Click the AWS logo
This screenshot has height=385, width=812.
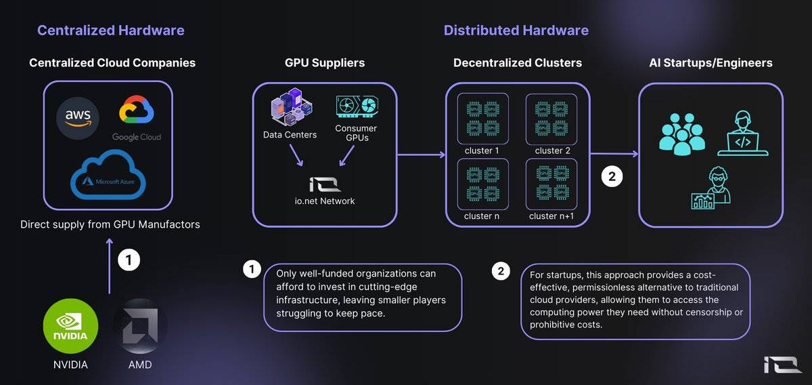[x=78, y=118]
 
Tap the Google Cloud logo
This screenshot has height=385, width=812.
[x=137, y=118]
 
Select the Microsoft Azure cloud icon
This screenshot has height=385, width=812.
[x=108, y=175]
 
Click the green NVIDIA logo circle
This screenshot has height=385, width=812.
[x=70, y=326]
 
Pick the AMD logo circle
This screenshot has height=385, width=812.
[x=140, y=326]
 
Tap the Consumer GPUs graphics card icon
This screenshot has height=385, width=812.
[x=357, y=106]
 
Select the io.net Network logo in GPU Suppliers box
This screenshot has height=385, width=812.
[x=325, y=184]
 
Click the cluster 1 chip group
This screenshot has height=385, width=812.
[x=483, y=119]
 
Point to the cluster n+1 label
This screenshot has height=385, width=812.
[x=551, y=216]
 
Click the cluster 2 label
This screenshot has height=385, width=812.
[x=552, y=150]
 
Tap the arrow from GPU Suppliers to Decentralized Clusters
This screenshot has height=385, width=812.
[x=422, y=155]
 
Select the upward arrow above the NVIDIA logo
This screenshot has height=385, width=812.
[x=110, y=266]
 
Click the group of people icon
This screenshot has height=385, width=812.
[x=682, y=134]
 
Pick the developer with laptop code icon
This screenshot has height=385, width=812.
[x=743, y=134]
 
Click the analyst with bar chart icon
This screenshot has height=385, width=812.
[x=711, y=188]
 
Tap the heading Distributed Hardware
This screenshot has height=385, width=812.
[x=516, y=31]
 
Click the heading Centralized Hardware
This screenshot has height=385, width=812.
[x=111, y=31]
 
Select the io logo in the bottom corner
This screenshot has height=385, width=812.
[x=782, y=365]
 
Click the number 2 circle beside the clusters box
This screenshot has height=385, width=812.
[x=612, y=176]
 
